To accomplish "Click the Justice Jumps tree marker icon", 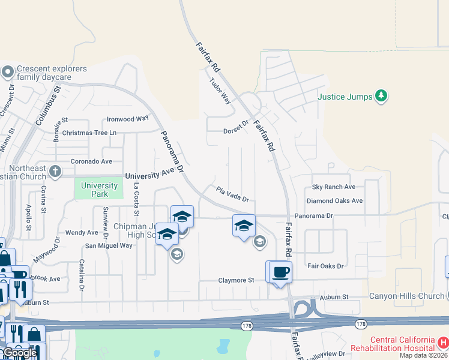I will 381,96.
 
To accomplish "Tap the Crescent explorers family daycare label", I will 44,73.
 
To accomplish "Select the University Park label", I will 99,190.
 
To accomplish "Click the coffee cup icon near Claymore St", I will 281,272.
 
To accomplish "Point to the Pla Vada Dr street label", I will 232,194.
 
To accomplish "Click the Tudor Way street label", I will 220,90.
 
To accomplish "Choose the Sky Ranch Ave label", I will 333,187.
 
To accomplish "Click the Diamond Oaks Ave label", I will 334,201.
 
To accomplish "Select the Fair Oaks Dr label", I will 325,266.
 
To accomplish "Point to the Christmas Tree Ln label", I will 89,133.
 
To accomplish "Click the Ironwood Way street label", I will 127,119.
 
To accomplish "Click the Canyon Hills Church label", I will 406,296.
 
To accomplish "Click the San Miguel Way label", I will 109,245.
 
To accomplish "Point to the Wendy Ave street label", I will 82,232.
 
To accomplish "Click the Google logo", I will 20,353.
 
